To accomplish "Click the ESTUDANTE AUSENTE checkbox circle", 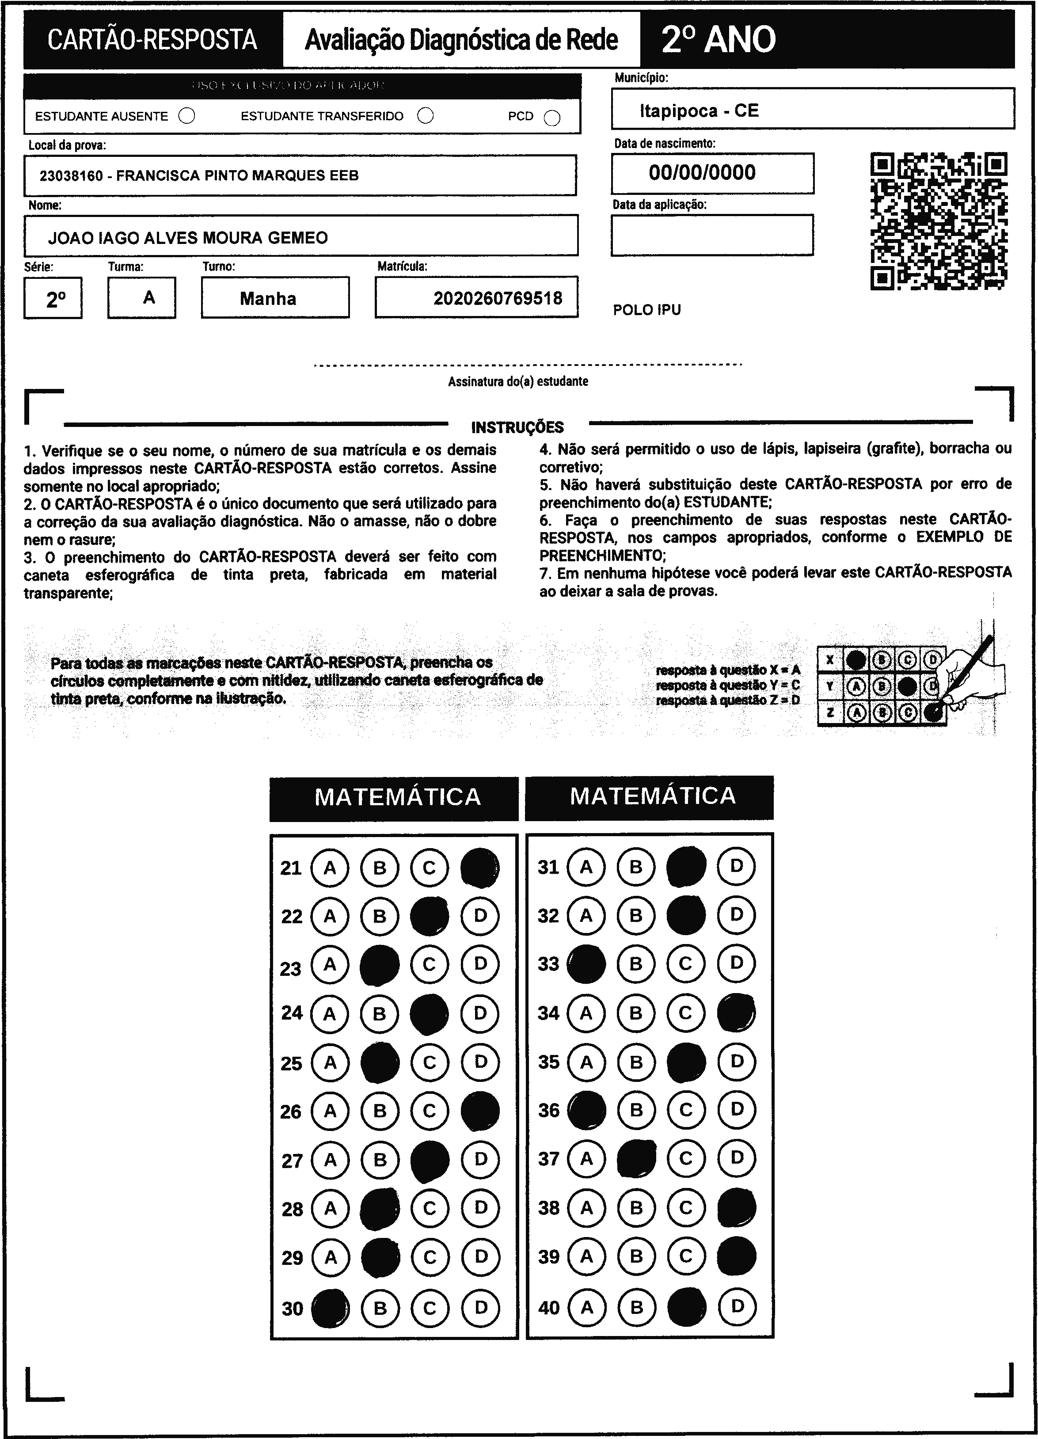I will [186, 116].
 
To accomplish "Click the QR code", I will [939, 221].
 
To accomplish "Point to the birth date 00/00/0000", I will [702, 172].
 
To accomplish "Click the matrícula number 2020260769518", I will [498, 298].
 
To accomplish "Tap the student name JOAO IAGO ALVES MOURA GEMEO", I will [188, 238].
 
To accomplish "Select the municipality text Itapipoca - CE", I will [699, 111].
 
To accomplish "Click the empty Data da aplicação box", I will [712, 235].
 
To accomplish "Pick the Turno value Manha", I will [268, 299].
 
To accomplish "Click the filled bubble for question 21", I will [479, 868].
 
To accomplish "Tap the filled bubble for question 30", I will [330, 1308].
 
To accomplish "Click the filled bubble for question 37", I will [636, 1158].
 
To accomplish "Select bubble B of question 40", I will [636, 1306].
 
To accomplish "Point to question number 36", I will [549, 1110].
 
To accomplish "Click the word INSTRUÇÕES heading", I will [517, 427].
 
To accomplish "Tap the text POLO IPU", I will [646, 310].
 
